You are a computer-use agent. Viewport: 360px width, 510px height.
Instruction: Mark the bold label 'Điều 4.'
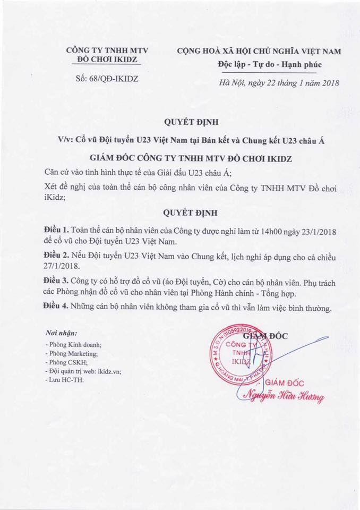(x=56, y=308)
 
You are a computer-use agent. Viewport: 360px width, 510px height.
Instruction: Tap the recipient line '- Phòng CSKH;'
(x=65, y=362)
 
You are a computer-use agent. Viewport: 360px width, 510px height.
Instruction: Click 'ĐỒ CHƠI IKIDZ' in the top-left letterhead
(x=106, y=60)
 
